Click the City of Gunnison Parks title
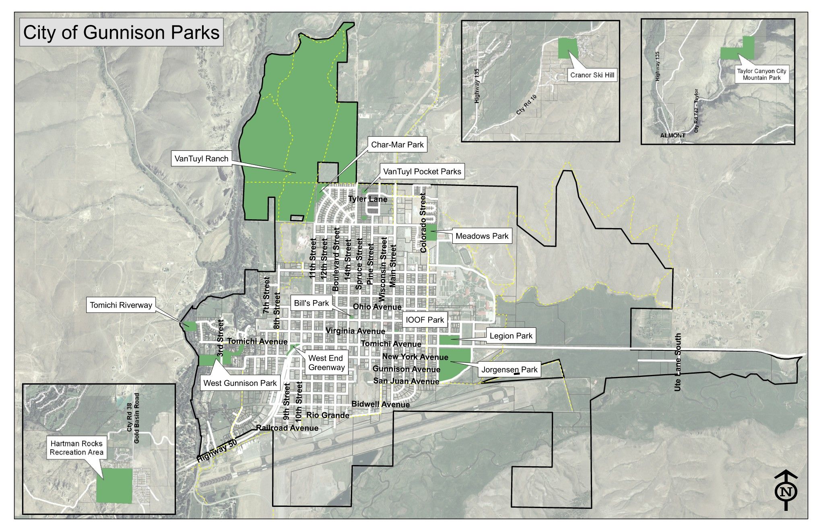(x=121, y=33)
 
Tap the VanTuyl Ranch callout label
(x=201, y=158)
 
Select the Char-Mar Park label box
(x=397, y=145)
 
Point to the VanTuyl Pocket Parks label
(x=422, y=172)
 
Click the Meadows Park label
(x=482, y=236)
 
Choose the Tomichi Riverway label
(x=121, y=305)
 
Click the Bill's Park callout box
(x=311, y=303)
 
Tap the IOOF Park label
(x=425, y=320)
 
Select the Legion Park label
(x=511, y=335)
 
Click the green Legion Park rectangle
(x=449, y=340)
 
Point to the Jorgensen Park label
(x=510, y=369)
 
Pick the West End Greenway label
(x=326, y=362)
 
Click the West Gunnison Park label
(x=240, y=383)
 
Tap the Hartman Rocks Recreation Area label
(x=76, y=448)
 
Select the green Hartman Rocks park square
(x=114, y=486)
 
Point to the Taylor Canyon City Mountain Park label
(x=761, y=74)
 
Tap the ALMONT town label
(x=672, y=136)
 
